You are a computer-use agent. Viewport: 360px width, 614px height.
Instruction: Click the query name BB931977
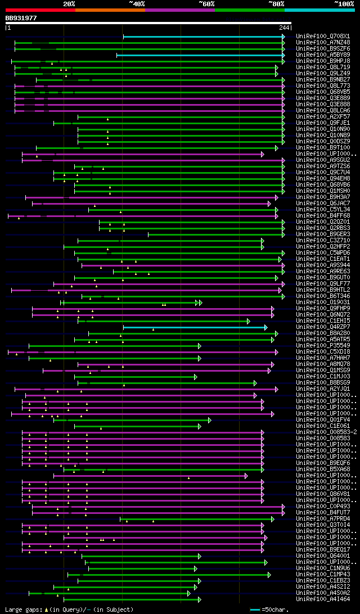tap(21, 18)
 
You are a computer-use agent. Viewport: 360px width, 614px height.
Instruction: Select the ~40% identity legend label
tap(137, 3)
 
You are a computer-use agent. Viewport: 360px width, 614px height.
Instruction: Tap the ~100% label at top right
tap(344, 3)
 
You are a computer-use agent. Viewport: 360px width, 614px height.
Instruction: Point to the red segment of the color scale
tap(40, 10)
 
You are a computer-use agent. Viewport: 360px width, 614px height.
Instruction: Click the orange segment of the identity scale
tap(110, 10)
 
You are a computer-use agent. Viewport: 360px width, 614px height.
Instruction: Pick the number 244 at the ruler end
tap(284, 27)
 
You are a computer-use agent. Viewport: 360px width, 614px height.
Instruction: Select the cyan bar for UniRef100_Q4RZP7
tap(195, 327)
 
